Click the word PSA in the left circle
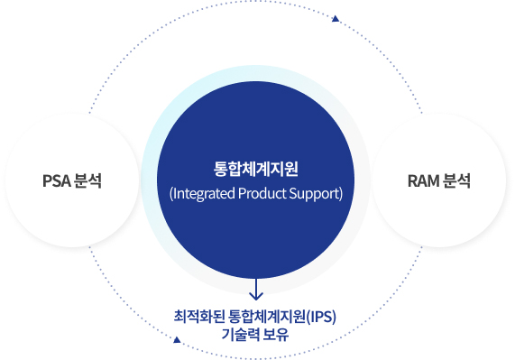[57, 180]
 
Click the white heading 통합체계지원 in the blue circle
[256, 169]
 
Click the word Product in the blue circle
[262, 193]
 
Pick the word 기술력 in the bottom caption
[238, 335]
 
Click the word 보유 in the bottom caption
[276, 335]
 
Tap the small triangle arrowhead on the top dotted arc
[336, 17]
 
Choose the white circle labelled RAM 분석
[439, 180]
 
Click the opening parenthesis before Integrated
[171, 193]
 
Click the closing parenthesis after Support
[341, 193]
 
